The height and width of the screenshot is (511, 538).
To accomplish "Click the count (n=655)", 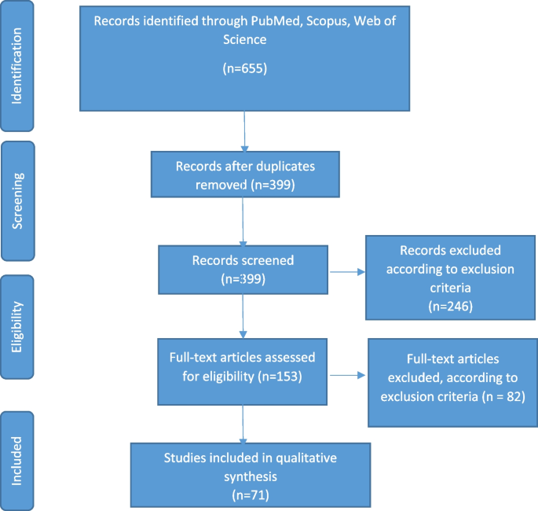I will click(247, 69).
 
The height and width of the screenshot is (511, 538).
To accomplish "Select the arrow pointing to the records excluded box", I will click(346, 273).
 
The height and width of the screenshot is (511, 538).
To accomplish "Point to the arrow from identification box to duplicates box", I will click(246, 129).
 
